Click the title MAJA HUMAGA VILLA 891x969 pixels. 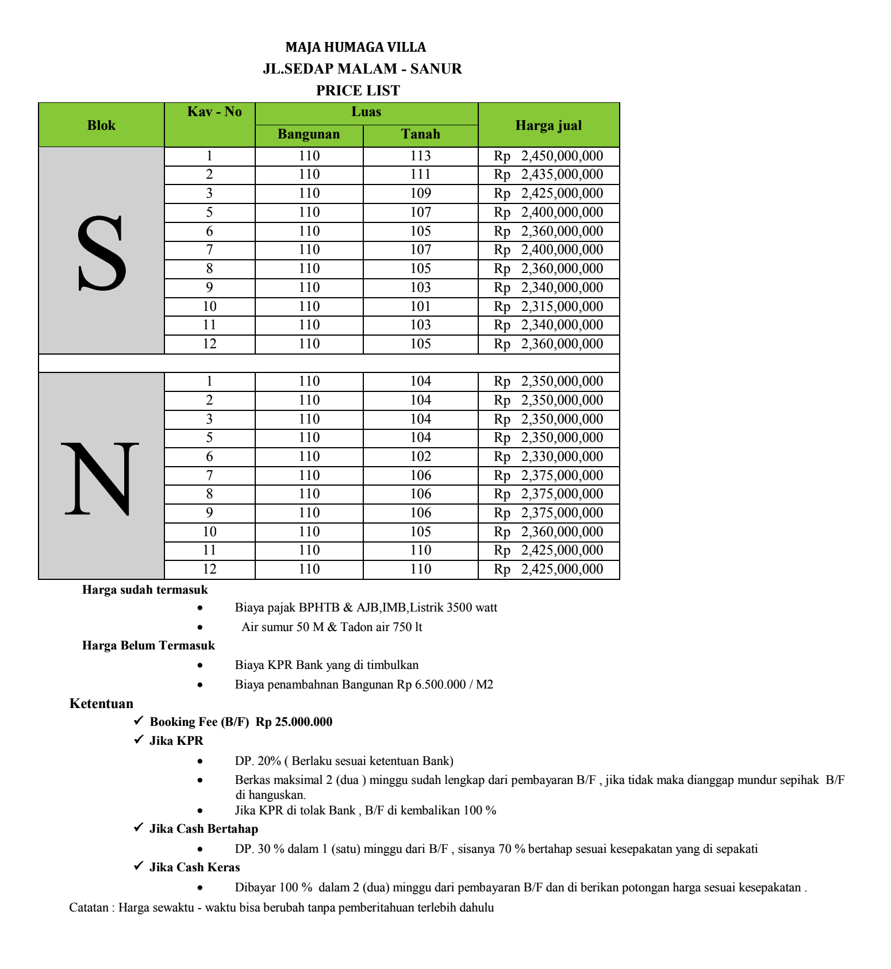(x=356, y=47)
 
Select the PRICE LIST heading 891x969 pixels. (x=358, y=90)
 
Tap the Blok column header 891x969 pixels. (x=101, y=125)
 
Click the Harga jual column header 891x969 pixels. (x=548, y=125)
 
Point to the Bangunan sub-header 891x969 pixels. (x=309, y=134)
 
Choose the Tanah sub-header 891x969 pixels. (x=420, y=134)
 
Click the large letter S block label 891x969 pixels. (x=101, y=253)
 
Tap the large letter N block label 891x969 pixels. (x=101, y=478)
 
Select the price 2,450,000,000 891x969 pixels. (x=562, y=156)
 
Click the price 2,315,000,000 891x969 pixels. (x=562, y=306)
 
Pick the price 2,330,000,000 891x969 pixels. (x=562, y=456)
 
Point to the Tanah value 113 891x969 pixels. (x=420, y=156)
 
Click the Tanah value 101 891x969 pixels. (x=420, y=306)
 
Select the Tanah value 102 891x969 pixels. (x=420, y=456)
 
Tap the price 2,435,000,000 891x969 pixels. (x=562, y=174)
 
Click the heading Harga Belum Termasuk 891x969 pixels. (x=148, y=645)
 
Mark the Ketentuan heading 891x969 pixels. (x=101, y=703)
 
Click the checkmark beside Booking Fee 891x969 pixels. (x=138, y=721)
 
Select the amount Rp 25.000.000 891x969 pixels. (x=294, y=722)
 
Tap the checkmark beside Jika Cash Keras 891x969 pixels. (x=138, y=866)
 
